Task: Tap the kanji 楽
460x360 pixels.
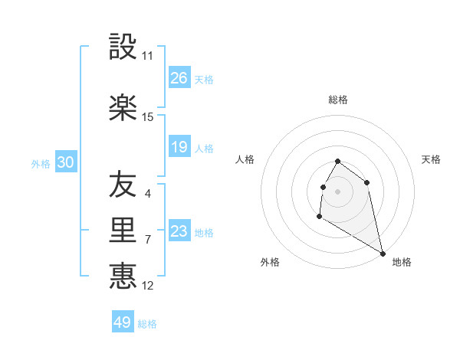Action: pyautogui.click(x=123, y=108)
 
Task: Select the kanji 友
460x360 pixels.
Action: pyautogui.click(x=123, y=184)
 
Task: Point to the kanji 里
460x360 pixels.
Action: pyautogui.click(x=123, y=231)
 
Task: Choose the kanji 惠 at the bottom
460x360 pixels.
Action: pyautogui.click(x=123, y=276)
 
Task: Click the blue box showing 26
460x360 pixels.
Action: pyautogui.click(x=179, y=78)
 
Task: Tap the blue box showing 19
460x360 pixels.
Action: pyautogui.click(x=179, y=147)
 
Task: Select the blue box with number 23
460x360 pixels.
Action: pyautogui.click(x=179, y=231)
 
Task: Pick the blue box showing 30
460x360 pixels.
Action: pyautogui.click(x=65, y=162)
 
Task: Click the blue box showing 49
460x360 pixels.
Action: pyautogui.click(x=123, y=322)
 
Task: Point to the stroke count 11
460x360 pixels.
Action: pyautogui.click(x=148, y=56)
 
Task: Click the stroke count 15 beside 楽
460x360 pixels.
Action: pyautogui.click(x=148, y=117)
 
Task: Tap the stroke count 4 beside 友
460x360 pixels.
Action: pyautogui.click(x=148, y=193)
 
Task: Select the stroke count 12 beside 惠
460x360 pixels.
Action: pyautogui.click(x=148, y=286)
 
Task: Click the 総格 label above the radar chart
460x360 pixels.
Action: pyautogui.click(x=338, y=100)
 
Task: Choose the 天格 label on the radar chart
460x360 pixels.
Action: pyautogui.click(x=432, y=159)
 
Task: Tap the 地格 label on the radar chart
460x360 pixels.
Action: pyautogui.click(x=402, y=262)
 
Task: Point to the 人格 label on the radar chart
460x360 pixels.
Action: pyautogui.click(x=245, y=159)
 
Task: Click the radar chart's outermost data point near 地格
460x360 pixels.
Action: pyautogui.click(x=383, y=254)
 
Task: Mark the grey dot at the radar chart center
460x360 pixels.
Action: pyautogui.click(x=338, y=191)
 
